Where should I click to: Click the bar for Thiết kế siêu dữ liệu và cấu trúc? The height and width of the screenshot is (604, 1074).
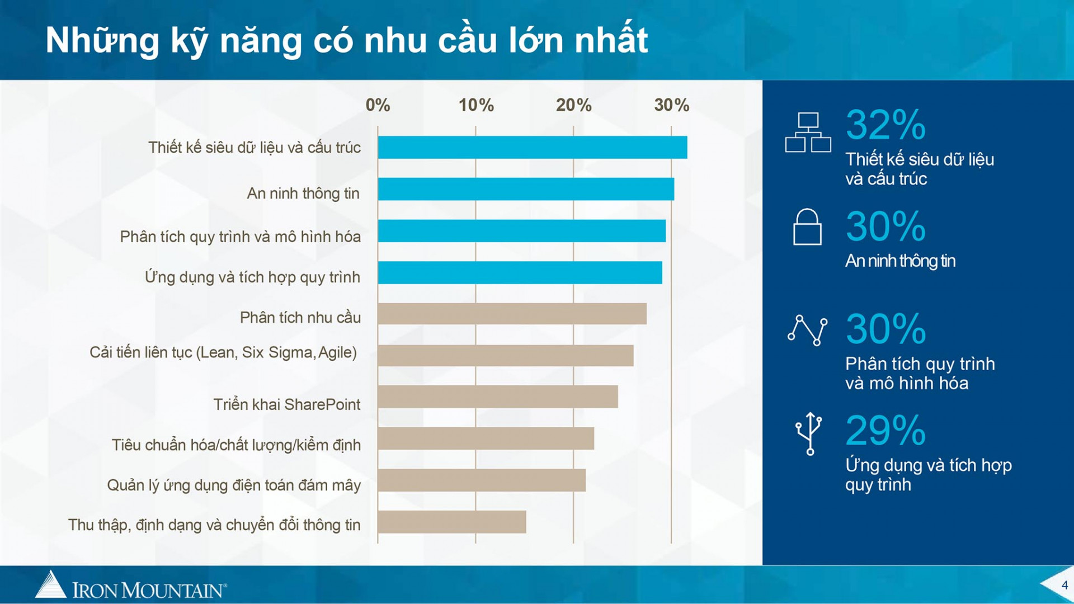click(533, 148)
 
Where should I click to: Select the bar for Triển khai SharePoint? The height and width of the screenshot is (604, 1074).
click(498, 397)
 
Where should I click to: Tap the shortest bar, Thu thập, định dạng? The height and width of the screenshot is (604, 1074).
click(452, 522)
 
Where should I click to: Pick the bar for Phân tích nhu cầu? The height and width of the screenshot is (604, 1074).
click(512, 314)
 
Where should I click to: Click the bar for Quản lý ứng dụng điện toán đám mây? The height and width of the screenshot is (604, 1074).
click(482, 480)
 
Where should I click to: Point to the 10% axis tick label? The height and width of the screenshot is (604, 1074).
click(476, 105)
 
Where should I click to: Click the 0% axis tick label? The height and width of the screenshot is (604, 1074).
click(378, 105)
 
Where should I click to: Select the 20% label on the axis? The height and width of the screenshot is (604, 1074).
click(573, 105)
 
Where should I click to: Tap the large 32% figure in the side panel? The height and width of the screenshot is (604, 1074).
click(885, 125)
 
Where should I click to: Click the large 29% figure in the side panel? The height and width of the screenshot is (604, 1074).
click(885, 430)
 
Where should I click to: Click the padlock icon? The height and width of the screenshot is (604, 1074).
click(807, 227)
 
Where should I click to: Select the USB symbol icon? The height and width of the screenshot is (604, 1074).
click(809, 433)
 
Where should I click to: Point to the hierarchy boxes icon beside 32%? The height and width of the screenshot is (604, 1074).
click(808, 133)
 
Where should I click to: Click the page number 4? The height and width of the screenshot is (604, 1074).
click(1064, 585)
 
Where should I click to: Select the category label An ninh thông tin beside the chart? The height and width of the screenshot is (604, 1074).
click(303, 194)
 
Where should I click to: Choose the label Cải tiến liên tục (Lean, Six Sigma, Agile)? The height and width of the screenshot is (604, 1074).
click(223, 353)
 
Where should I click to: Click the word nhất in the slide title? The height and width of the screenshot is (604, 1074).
click(611, 40)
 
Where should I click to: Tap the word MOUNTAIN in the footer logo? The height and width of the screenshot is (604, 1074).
click(172, 591)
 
